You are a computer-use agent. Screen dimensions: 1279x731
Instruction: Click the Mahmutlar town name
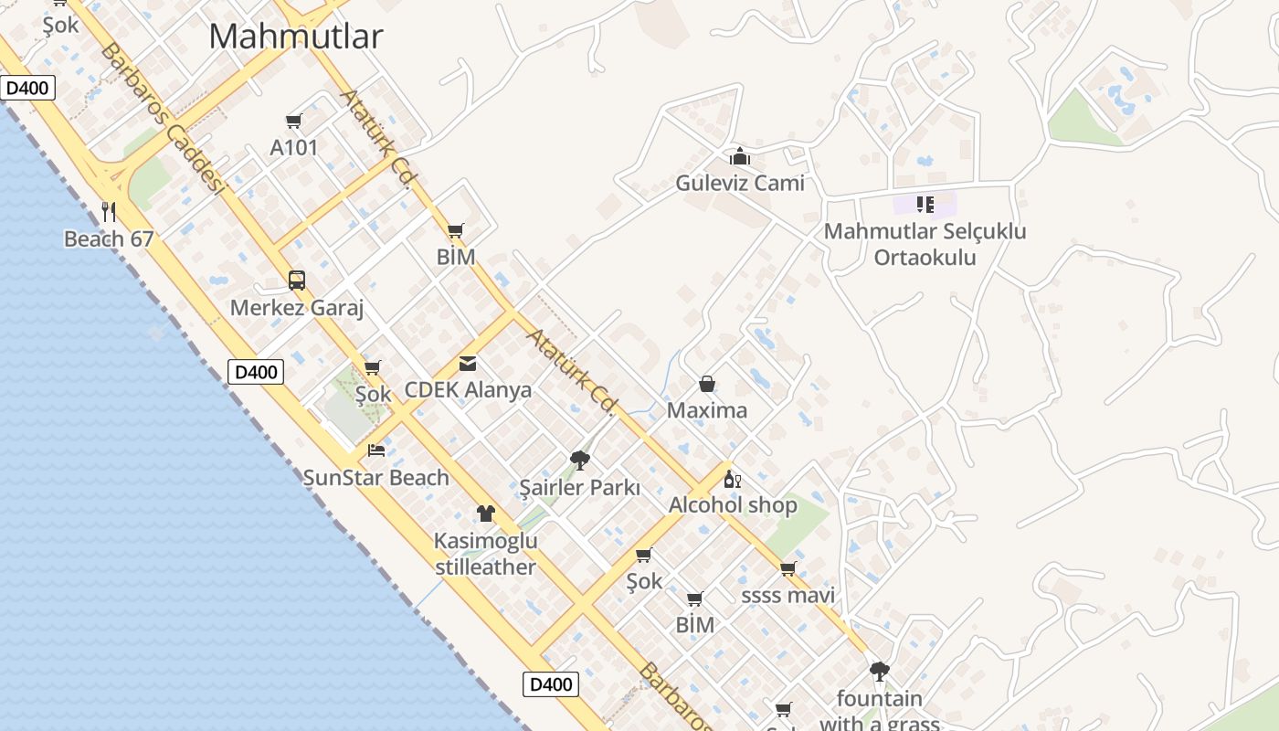click(295, 37)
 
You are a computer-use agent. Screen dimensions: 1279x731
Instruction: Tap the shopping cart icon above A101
click(294, 121)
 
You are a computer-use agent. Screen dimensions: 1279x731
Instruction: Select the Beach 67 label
click(108, 239)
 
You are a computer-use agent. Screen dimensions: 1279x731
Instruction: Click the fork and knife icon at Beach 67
click(109, 212)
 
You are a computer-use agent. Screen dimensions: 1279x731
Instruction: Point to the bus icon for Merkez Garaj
click(297, 281)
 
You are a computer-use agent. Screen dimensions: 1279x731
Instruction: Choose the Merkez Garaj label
click(297, 308)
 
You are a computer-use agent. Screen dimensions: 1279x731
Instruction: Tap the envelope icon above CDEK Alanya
click(468, 364)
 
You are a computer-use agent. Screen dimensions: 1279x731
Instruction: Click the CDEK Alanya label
click(468, 390)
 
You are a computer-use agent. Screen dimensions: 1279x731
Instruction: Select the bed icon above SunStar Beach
click(376, 450)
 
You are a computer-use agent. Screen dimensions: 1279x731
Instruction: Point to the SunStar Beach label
click(376, 478)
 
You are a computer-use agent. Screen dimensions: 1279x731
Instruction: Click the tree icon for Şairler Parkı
click(579, 460)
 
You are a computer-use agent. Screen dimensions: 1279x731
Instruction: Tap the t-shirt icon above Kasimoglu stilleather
click(485, 514)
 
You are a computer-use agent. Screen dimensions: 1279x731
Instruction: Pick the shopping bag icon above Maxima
click(707, 384)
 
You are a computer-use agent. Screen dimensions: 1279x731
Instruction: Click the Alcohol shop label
click(733, 505)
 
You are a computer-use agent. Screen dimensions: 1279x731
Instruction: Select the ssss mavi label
click(787, 597)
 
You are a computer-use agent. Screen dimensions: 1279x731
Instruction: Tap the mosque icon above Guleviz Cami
click(740, 156)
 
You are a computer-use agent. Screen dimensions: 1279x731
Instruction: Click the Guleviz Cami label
click(740, 184)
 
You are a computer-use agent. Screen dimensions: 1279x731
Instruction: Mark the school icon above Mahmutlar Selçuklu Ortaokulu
click(925, 204)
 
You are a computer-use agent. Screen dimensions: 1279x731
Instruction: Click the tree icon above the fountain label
click(879, 672)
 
